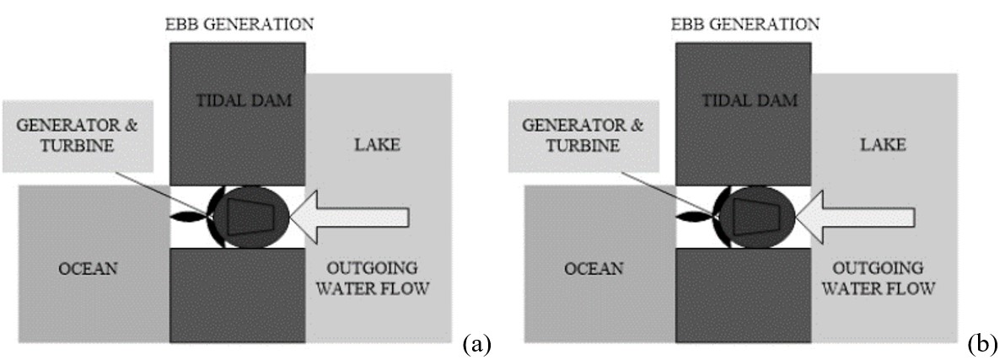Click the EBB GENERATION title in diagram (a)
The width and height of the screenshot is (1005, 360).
click(x=238, y=24)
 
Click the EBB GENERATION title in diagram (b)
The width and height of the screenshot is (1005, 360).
click(x=744, y=24)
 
